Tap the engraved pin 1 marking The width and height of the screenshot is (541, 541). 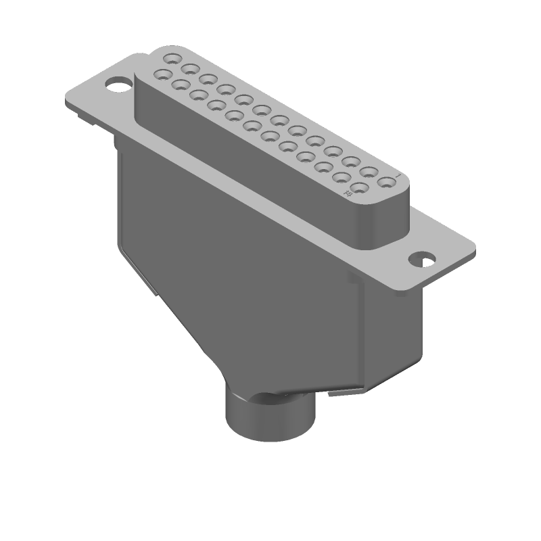(399, 177)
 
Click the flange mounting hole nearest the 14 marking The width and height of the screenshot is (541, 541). (424, 258)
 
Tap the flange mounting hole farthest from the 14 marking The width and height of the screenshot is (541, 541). (119, 86)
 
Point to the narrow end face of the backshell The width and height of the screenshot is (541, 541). (392, 331)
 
